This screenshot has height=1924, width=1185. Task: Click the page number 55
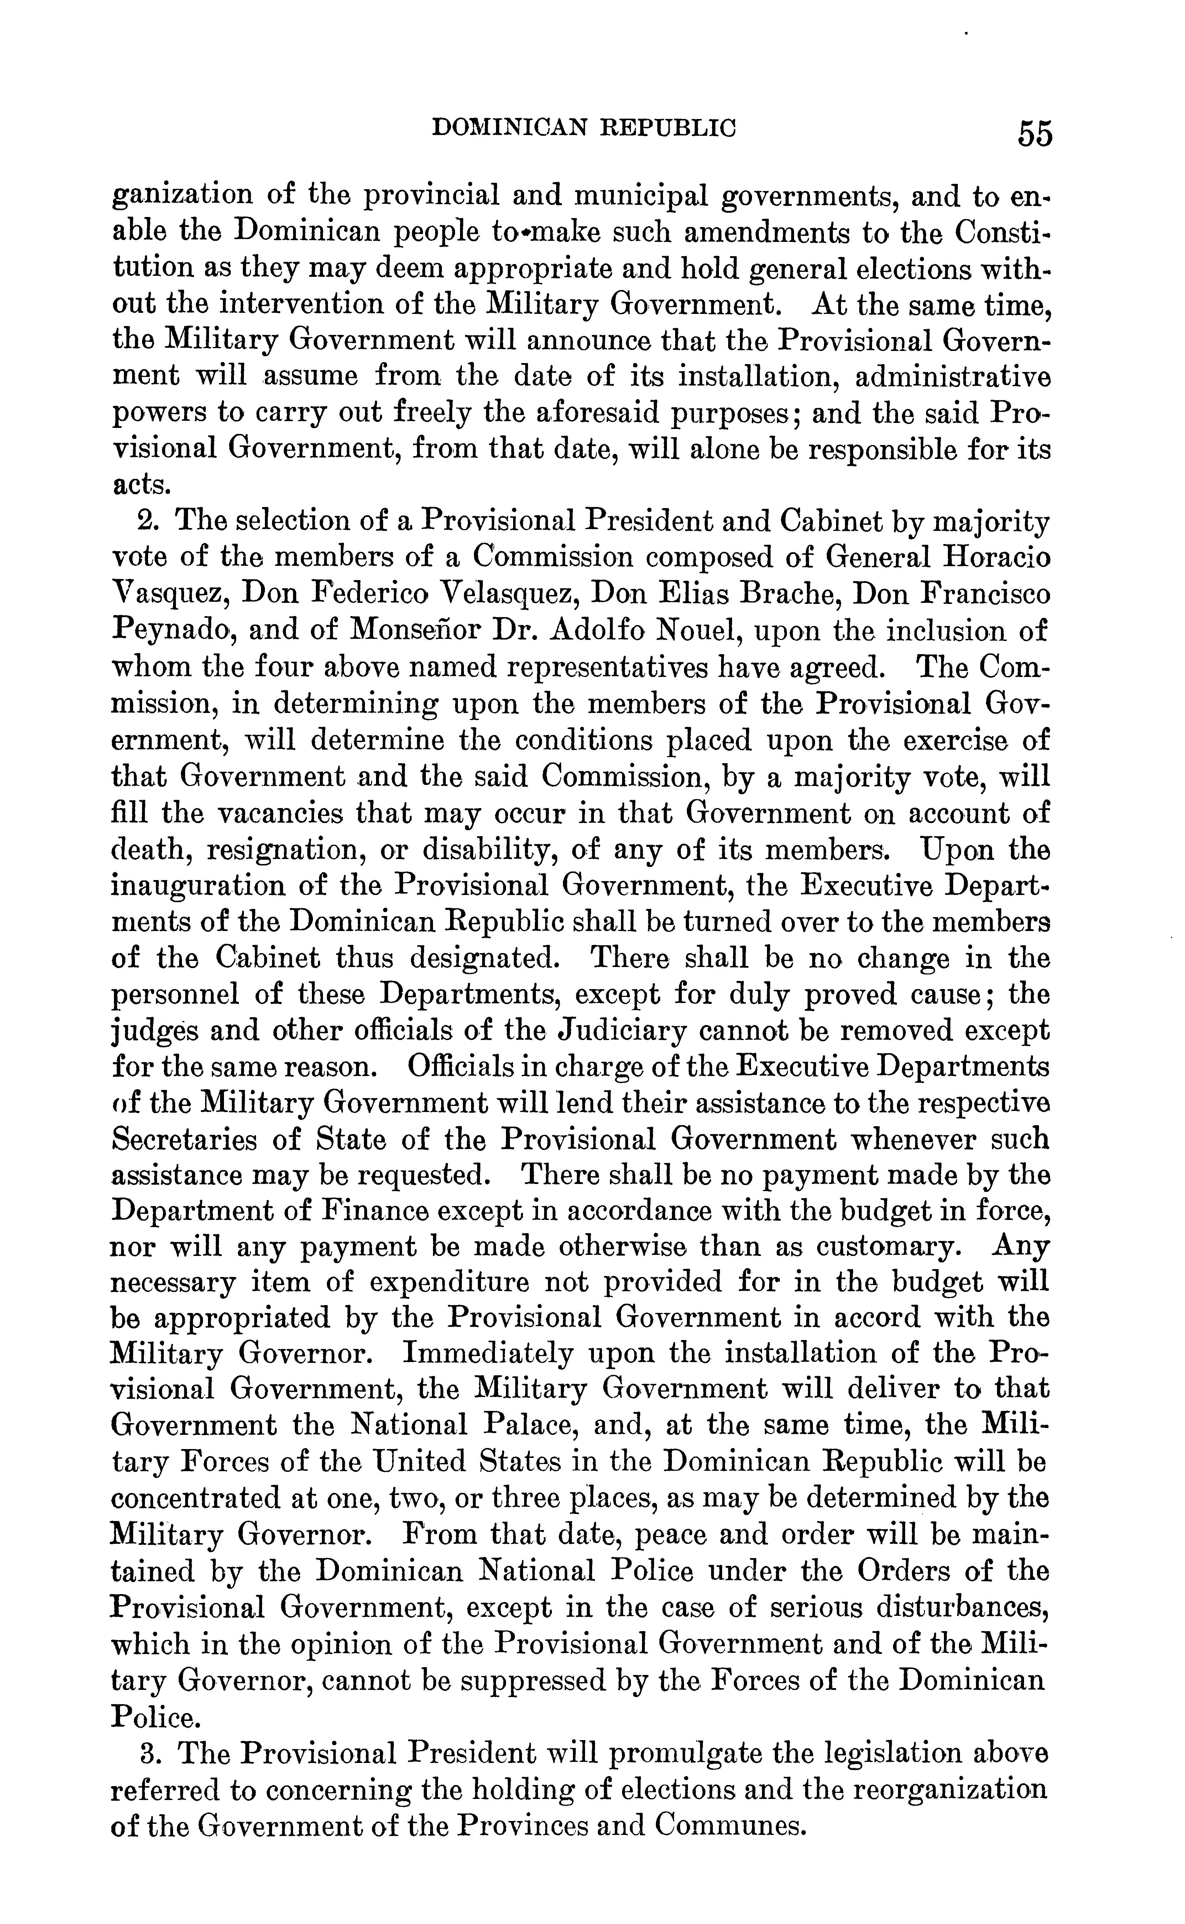[x=1035, y=133]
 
